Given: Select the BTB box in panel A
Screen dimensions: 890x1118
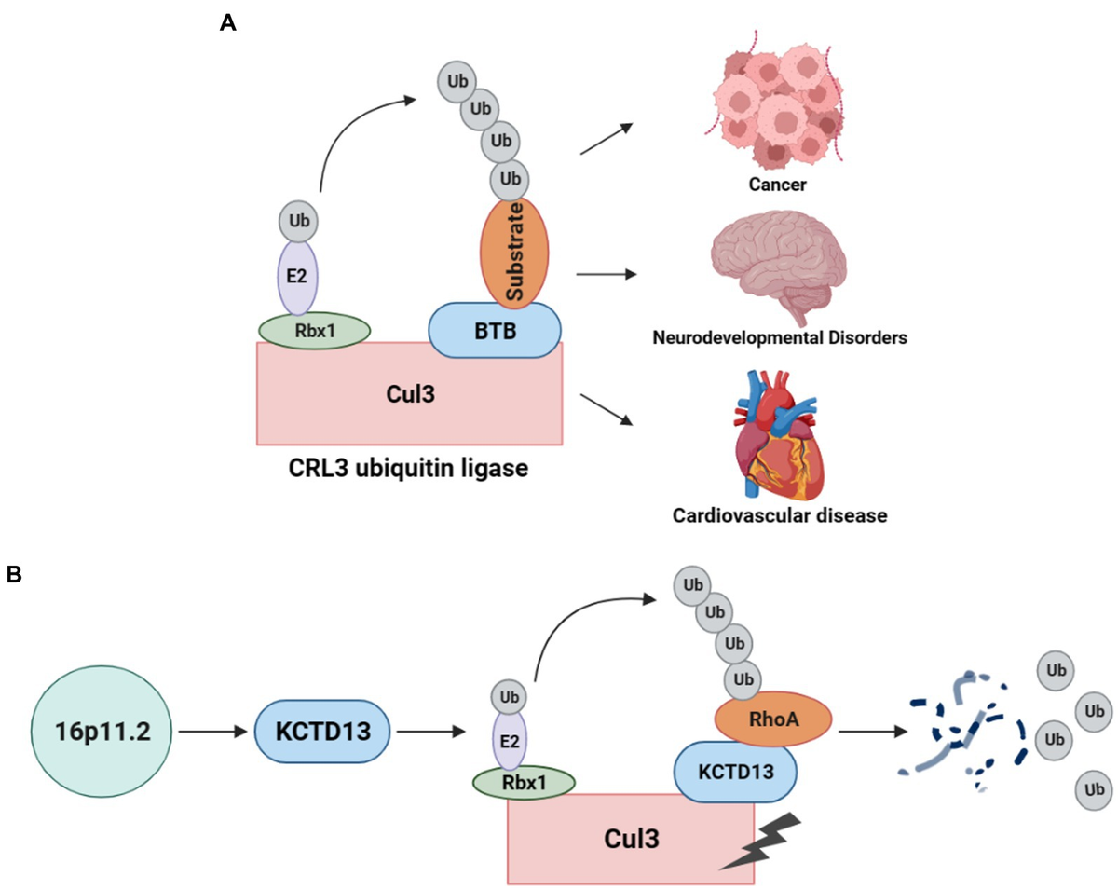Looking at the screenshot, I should [495, 330].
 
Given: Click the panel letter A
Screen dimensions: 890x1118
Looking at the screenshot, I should [227, 23].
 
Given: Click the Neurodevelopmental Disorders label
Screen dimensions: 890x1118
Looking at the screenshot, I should [778, 338].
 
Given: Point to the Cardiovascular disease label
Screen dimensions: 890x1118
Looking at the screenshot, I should [778, 514].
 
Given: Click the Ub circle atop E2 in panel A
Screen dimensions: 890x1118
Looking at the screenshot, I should [298, 222].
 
